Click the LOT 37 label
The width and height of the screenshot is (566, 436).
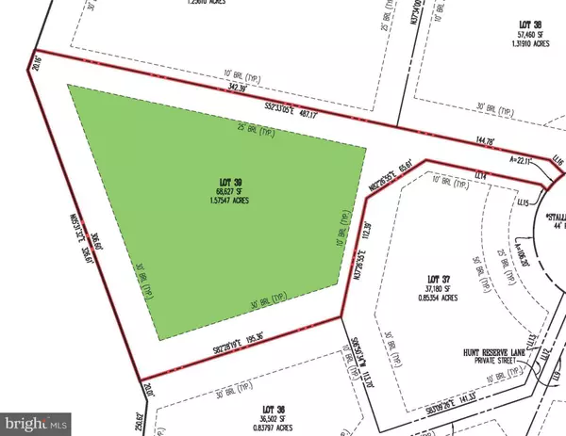click(439, 280)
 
